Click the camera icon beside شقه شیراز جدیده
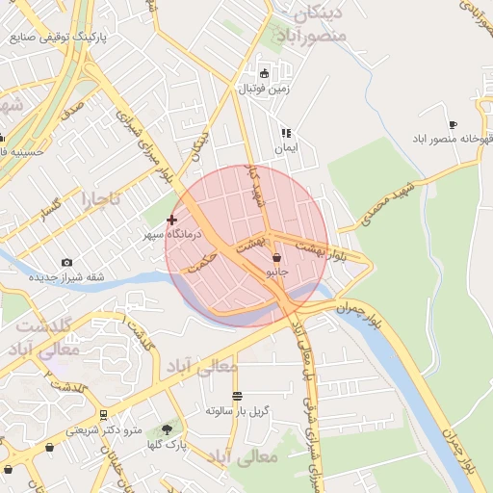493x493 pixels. click(x=66, y=263)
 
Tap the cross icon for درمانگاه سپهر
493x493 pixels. click(x=172, y=221)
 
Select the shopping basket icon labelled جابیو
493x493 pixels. click(x=277, y=257)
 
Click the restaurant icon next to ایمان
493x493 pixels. click(x=285, y=133)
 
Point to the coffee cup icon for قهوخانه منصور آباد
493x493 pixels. click(x=453, y=125)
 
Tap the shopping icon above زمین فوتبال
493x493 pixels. click(x=265, y=73)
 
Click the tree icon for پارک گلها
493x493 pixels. click(x=168, y=428)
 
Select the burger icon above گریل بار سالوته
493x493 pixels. click(x=237, y=396)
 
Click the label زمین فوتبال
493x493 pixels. click(x=265, y=89)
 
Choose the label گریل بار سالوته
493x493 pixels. click(x=238, y=410)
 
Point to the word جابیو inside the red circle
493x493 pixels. click(x=277, y=272)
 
